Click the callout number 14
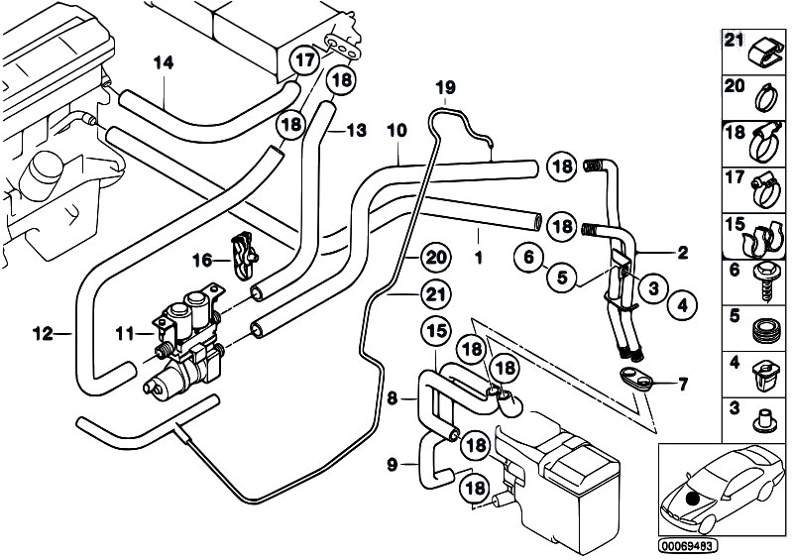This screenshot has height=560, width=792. (x=164, y=62)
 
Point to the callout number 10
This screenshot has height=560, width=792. (x=396, y=130)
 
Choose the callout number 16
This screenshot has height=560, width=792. (x=202, y=261)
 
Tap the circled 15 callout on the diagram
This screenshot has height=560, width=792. (x=437, y=330)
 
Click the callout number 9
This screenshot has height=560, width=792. (x=394, y=463)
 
